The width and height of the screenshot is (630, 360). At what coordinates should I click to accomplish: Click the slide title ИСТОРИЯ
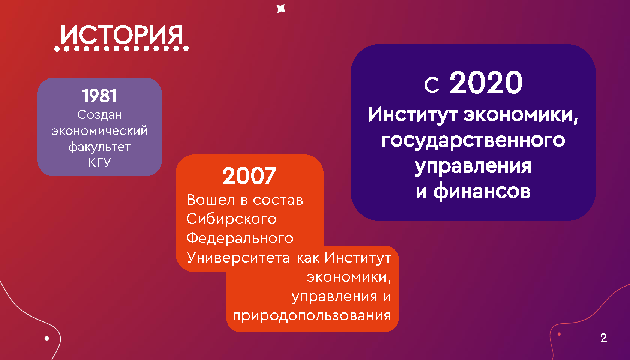point(122,35)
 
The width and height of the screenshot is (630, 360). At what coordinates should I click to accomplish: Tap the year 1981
point(99,96)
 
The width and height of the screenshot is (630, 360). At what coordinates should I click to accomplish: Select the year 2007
point(249,176)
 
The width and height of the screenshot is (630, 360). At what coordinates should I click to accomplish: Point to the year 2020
point(486,82)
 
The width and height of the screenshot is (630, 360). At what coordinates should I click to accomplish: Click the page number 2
point(604,337)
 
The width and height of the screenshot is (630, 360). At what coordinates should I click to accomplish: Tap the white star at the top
point(281,9)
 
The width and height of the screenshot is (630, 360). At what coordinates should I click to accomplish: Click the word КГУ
point(100,162)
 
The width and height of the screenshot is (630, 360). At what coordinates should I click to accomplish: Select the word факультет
point(100,147)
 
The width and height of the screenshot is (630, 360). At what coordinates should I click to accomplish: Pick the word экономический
point(100,131)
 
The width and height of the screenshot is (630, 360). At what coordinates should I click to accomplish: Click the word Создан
point(100,115)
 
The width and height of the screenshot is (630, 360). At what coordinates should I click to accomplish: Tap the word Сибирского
point(231,219)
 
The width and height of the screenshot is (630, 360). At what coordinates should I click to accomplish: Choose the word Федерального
point(240,238)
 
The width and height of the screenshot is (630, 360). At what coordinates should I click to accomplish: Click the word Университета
point(238,257)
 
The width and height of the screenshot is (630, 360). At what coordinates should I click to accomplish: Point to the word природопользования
point(312,316)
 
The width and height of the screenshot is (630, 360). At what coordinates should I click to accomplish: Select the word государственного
point(473,140)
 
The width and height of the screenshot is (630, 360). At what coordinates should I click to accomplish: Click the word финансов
point(482,191)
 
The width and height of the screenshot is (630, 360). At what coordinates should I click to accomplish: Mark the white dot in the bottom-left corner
point(46,338)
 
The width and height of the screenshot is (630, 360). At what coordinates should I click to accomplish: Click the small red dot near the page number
point(559,334)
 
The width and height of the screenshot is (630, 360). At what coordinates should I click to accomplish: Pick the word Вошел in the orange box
point(210,200)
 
